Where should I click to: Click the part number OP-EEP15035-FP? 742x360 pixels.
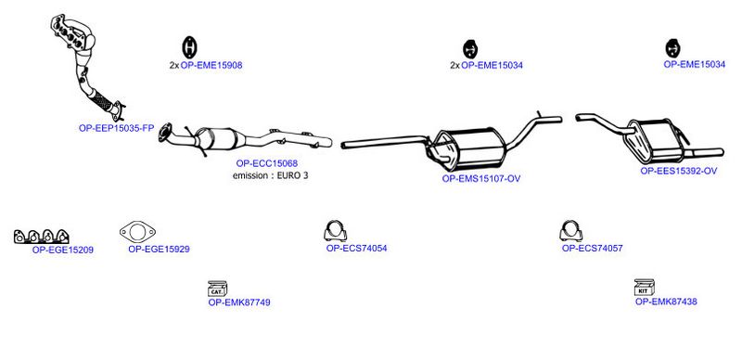tap(117, 128)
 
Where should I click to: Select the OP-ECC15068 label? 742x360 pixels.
tap(267, 163)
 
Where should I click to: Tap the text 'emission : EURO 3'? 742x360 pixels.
tap(270, 175)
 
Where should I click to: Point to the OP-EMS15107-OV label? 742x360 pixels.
tap(481, 178)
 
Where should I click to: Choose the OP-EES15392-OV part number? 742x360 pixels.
tap(679, 171)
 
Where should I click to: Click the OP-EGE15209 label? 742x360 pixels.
tap(63, 250)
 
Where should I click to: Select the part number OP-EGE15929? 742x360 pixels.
tap(159, 249)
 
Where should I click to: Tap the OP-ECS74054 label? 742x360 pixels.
tap(356, 249)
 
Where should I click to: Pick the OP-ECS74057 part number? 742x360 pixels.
tap(593, 248)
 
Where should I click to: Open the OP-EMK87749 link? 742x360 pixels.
tap(239, 302)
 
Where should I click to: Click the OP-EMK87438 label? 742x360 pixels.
tap(666, 302)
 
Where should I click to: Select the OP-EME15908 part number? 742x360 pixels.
tap(211, 65)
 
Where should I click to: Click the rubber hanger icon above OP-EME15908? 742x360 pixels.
tap(189, 48)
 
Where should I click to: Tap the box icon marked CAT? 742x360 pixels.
tap(217, 289)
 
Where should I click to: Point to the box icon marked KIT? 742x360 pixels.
tap(644, 287)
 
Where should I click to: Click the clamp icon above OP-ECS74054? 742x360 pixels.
tap(336, 231)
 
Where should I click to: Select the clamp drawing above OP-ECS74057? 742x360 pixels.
tap(570, 231)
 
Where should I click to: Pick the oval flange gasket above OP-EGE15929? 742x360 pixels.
tap(137, 223)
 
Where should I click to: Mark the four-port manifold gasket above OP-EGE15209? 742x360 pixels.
tap(41, 236)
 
